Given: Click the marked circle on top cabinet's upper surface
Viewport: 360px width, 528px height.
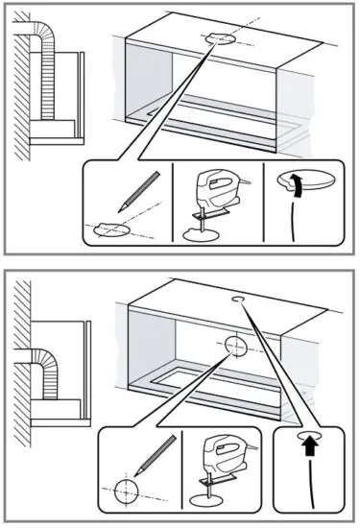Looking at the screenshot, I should click(x=218, y=38).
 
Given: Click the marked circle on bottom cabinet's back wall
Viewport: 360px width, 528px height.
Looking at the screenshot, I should click(x=236, y=346).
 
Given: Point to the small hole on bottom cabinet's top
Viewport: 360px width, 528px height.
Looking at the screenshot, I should click(x=239, y=300).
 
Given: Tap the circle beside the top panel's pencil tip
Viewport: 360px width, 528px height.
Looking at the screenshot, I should click(x=108, y=228).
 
